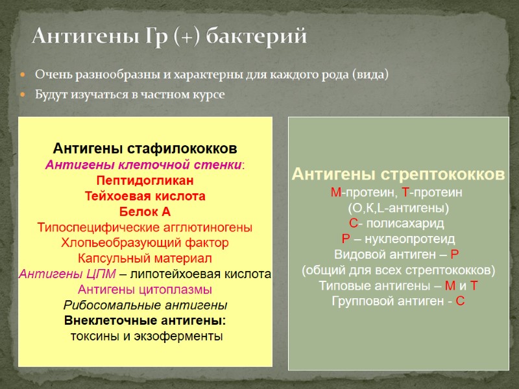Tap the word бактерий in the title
256,36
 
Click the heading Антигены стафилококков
145,148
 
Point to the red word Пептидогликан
145,180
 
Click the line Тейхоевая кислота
145,196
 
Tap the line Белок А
145,211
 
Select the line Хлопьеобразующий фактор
145,242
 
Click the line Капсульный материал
145,258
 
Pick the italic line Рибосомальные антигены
145,305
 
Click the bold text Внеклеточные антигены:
145,320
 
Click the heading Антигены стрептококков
398,174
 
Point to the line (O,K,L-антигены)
398,208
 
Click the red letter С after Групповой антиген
460,301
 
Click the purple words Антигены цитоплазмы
145,289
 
